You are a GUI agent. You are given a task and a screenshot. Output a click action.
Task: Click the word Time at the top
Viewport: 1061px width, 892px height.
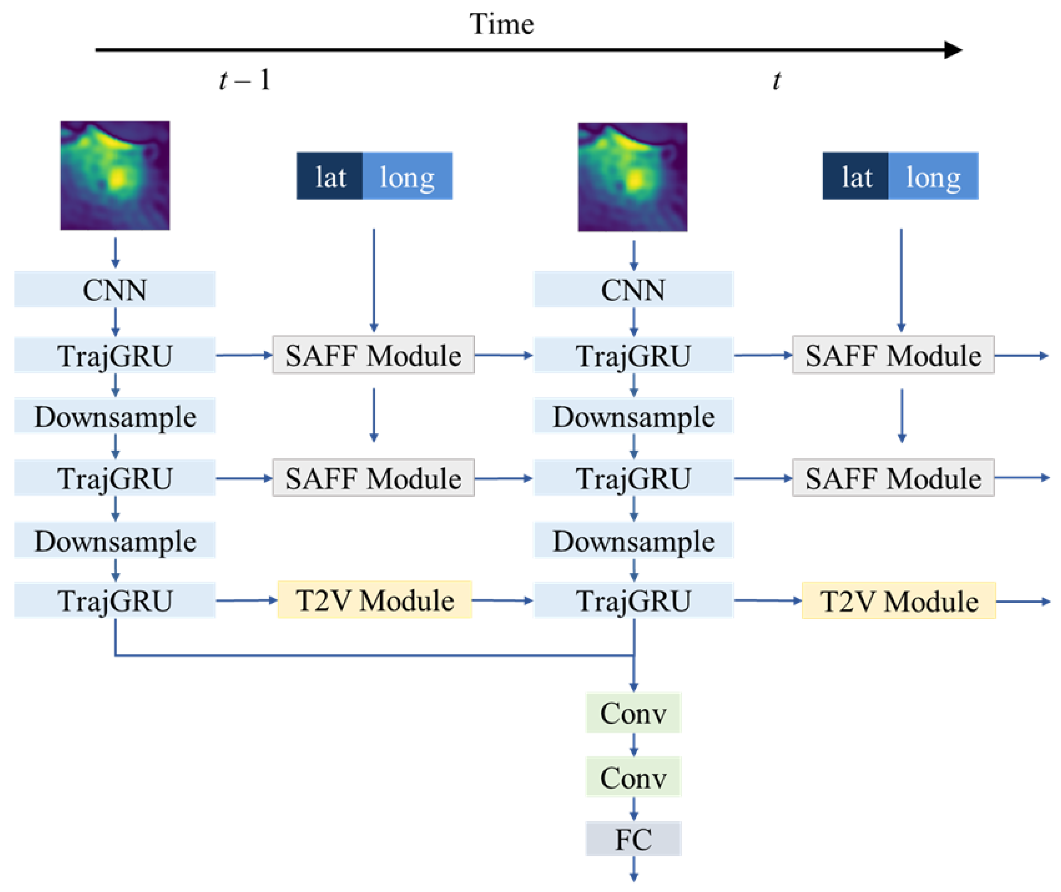(501, 24)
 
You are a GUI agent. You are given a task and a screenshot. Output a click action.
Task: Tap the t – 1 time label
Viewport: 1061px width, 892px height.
(245, 80)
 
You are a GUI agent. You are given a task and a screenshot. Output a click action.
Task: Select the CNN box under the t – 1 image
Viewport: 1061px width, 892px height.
(115, 290)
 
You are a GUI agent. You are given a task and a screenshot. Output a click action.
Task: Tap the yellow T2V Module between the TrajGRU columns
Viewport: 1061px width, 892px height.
(375, 600)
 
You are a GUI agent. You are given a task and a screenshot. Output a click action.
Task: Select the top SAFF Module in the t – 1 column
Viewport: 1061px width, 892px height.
(373, 355)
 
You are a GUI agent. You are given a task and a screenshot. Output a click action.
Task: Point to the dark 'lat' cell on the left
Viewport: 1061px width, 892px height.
(330, 176)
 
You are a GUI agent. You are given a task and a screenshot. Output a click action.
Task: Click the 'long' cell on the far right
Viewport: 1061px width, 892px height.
(933, 176)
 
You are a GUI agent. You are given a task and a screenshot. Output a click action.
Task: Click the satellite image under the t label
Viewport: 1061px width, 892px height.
(633, 177)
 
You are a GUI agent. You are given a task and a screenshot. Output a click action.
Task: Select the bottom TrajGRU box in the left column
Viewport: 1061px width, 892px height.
(115, 600)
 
